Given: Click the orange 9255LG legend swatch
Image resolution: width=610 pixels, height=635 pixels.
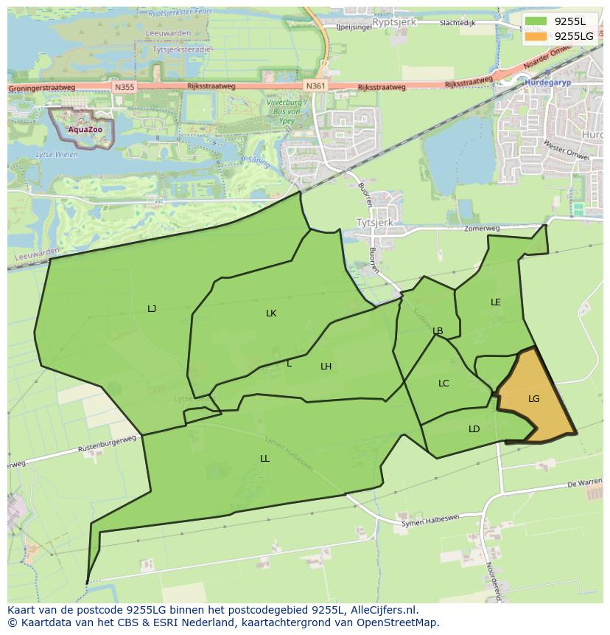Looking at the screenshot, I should [536, 36].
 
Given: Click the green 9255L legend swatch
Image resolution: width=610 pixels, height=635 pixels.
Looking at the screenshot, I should [536, 21].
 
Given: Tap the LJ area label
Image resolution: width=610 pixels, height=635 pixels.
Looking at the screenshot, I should [152, 309].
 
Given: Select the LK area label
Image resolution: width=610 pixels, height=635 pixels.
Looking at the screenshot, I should [271, 313].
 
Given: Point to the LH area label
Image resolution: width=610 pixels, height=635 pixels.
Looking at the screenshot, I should [326, 367].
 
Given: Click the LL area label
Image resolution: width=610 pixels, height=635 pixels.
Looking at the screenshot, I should [264, 459].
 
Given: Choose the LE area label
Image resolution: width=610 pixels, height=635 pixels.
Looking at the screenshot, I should [496, 302].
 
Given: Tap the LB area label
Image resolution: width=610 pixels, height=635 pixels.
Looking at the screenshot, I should [438, 331].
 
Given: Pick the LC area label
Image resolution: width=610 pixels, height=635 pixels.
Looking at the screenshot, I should [444, 384].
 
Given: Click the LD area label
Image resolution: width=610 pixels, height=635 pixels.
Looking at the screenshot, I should [474, 429].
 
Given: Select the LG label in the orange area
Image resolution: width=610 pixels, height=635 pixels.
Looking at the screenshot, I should [534, 399].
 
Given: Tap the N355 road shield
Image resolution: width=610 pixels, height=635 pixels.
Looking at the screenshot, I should [125, 87].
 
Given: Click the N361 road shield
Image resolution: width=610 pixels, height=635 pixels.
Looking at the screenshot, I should [315, 86].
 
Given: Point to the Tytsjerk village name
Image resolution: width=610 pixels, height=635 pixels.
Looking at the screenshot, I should [374, 222].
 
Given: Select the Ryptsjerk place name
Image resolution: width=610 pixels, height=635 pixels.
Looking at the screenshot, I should [394, 23].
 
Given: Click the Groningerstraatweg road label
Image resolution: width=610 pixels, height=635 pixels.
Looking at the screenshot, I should [42, 88].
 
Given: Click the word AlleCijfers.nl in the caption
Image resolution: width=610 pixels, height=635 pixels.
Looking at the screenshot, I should [382, 610].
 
